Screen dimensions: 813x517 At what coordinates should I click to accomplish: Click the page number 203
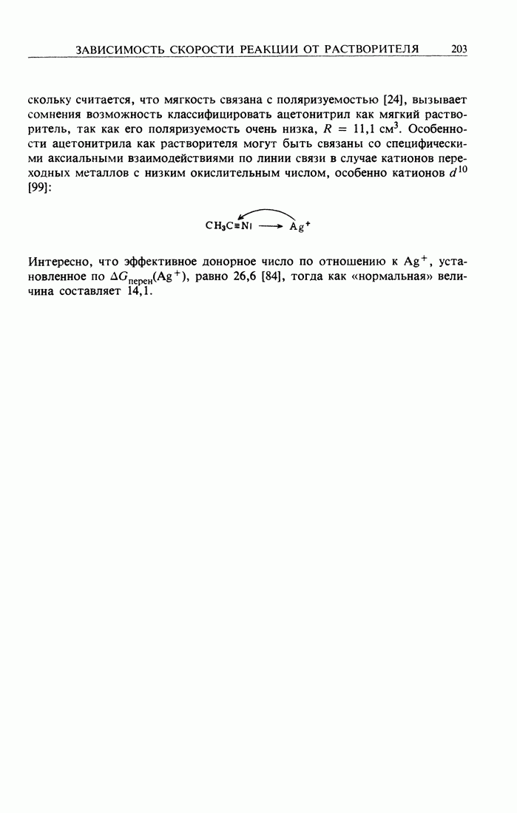click(459, 49)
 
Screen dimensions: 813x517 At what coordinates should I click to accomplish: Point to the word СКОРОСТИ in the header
click(203, 49)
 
